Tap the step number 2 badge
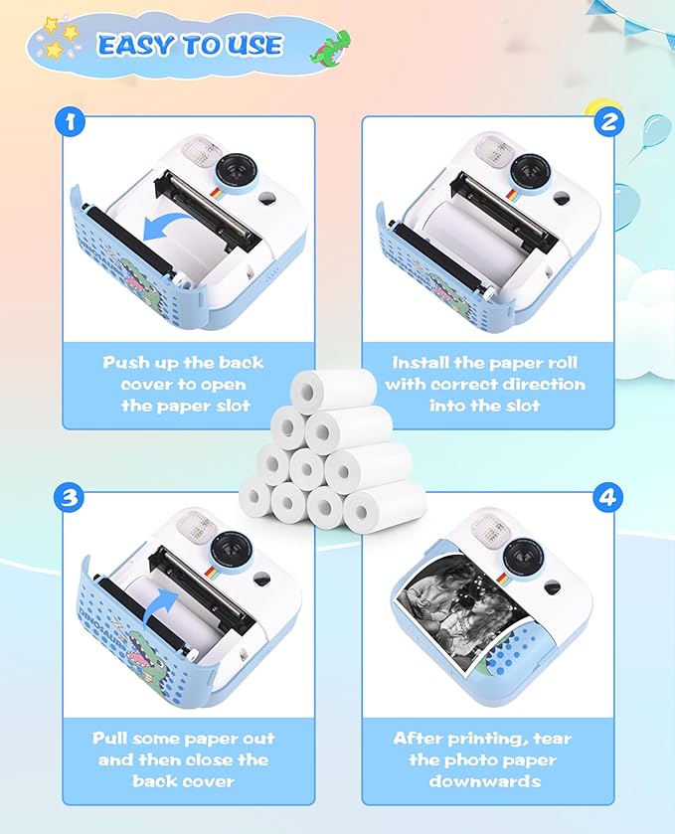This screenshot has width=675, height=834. [609, 123]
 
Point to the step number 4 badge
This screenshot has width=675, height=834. [609, 497]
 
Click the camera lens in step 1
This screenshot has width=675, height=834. [236, 170]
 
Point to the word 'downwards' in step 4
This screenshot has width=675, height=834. [484, 780]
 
